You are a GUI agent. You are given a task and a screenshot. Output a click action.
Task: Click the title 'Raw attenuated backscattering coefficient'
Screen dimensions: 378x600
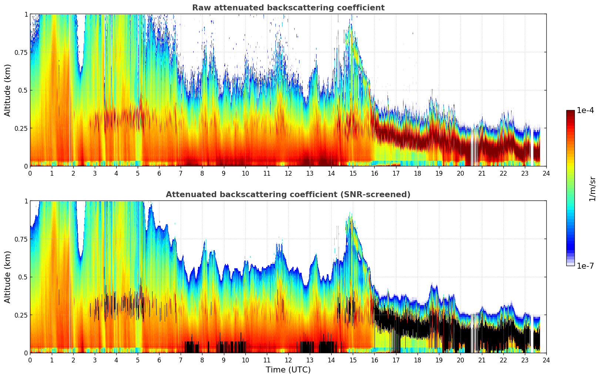tap(288, 8)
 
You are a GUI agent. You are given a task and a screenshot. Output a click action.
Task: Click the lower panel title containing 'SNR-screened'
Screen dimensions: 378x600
tap(288, 195)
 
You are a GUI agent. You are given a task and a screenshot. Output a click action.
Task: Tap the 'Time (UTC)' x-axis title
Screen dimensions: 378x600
tap(288, 370)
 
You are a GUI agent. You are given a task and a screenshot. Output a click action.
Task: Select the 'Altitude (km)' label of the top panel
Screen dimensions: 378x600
tap(8, 90)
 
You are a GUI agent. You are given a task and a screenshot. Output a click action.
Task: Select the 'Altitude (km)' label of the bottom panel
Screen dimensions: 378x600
tap(8, 277)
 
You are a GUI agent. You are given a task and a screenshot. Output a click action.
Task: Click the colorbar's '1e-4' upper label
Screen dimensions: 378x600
tap(585, 110)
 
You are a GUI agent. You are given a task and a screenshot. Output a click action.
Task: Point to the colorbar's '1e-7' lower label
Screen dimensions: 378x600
tap(585, 266)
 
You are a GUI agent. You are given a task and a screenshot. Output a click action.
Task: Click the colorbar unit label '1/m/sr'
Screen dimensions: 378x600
tap(592, 189)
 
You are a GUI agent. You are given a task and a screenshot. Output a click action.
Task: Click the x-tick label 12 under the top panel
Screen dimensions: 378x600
tap(288, 173)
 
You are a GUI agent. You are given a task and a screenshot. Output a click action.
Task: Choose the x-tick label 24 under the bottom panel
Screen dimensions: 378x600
tap(546, 360)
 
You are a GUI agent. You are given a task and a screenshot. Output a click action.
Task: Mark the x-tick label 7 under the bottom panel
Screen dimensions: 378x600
tap(181, 360)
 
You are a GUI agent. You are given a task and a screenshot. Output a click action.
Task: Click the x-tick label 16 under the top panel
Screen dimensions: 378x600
tap(374, 173)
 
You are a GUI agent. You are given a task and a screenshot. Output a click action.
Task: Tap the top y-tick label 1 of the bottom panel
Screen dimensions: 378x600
tap(26, 201)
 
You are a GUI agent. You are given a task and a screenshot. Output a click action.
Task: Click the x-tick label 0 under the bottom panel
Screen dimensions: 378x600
tap(30, 360)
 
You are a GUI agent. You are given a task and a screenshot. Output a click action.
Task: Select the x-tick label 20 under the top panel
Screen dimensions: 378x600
tap(460, 173)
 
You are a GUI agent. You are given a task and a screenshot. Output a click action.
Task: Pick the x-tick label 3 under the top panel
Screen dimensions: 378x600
tap(95, 173)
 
